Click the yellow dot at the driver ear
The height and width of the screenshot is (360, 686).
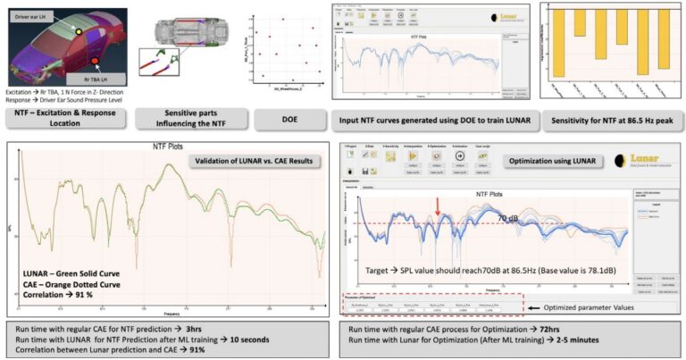78,31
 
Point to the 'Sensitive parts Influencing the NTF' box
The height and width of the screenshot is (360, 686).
187,119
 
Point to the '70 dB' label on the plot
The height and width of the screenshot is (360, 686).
507,217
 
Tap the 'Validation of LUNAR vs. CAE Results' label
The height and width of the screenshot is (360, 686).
245,162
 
